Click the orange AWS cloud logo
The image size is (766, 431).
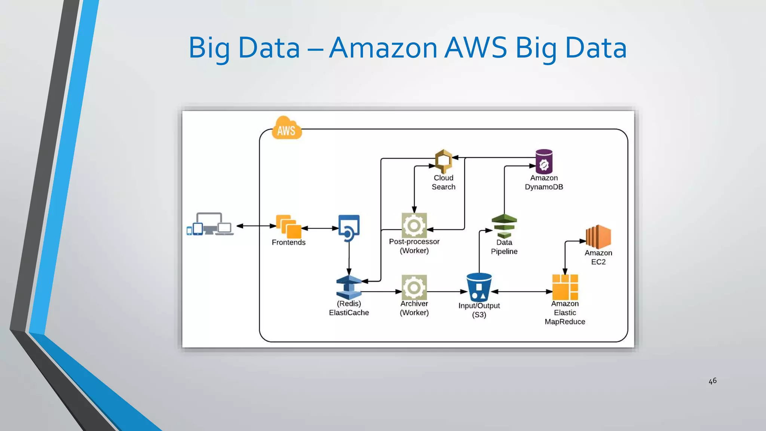[287, 128]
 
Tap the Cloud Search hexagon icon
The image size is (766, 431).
[444, 161]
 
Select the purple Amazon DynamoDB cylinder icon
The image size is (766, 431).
[544, 162]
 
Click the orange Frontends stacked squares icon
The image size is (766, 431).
[288, 226]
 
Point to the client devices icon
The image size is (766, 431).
[210, 224]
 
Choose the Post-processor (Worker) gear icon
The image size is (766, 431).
[414, 225]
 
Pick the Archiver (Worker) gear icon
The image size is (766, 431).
[414, 287]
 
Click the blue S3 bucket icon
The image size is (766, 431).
[479, 287]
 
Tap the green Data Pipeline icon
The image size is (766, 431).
[504, 226]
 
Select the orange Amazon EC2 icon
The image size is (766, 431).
[598, 236]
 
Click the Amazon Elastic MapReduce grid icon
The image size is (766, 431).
[565, 287]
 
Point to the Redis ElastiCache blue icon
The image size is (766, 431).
[349, 287]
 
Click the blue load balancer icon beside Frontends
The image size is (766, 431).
[349, 227]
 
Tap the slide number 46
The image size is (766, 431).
[713, 381]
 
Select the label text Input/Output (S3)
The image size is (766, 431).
[479, 310]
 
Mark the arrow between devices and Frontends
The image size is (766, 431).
[256, 226]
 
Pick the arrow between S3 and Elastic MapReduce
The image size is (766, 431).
[522, 291]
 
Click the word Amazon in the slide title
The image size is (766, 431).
[383, 48]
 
